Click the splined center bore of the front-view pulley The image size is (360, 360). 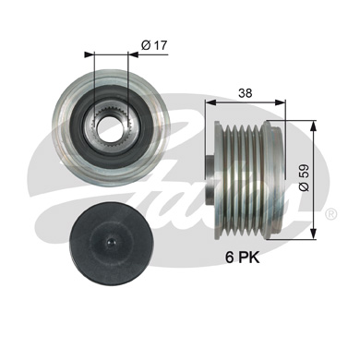111,118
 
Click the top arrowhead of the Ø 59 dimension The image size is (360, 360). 318,126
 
